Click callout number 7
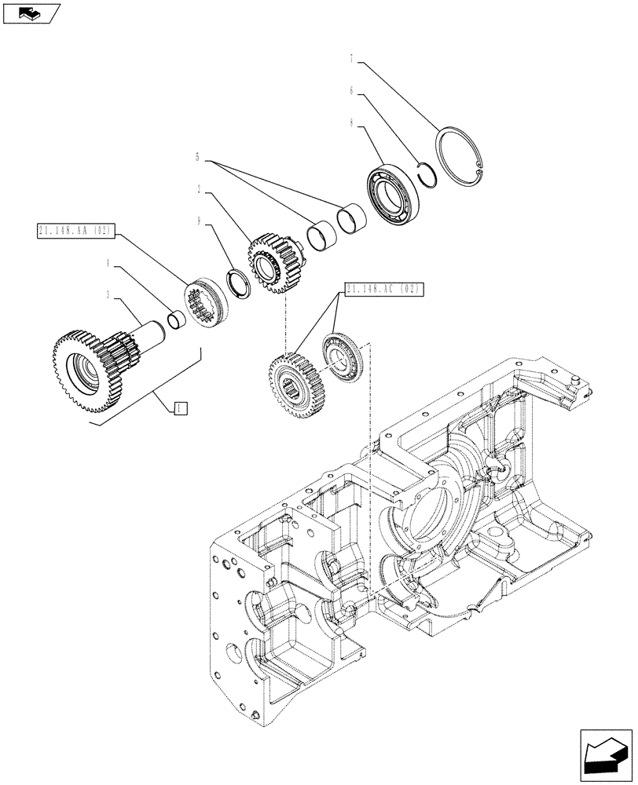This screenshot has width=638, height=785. pos(353,58)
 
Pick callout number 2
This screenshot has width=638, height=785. pos(200,190)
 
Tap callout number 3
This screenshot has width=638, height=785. pos(110,298)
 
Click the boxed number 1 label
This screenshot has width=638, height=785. pos(179,407)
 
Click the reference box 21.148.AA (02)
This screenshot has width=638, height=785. pos(75,231)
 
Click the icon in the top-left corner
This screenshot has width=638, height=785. pos(31,13)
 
